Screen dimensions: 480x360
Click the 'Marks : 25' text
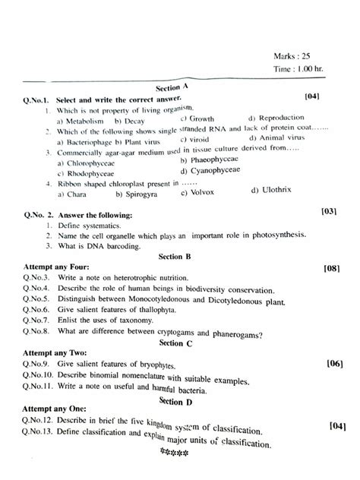coord(295,55)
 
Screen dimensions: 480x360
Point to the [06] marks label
coord(335,364)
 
